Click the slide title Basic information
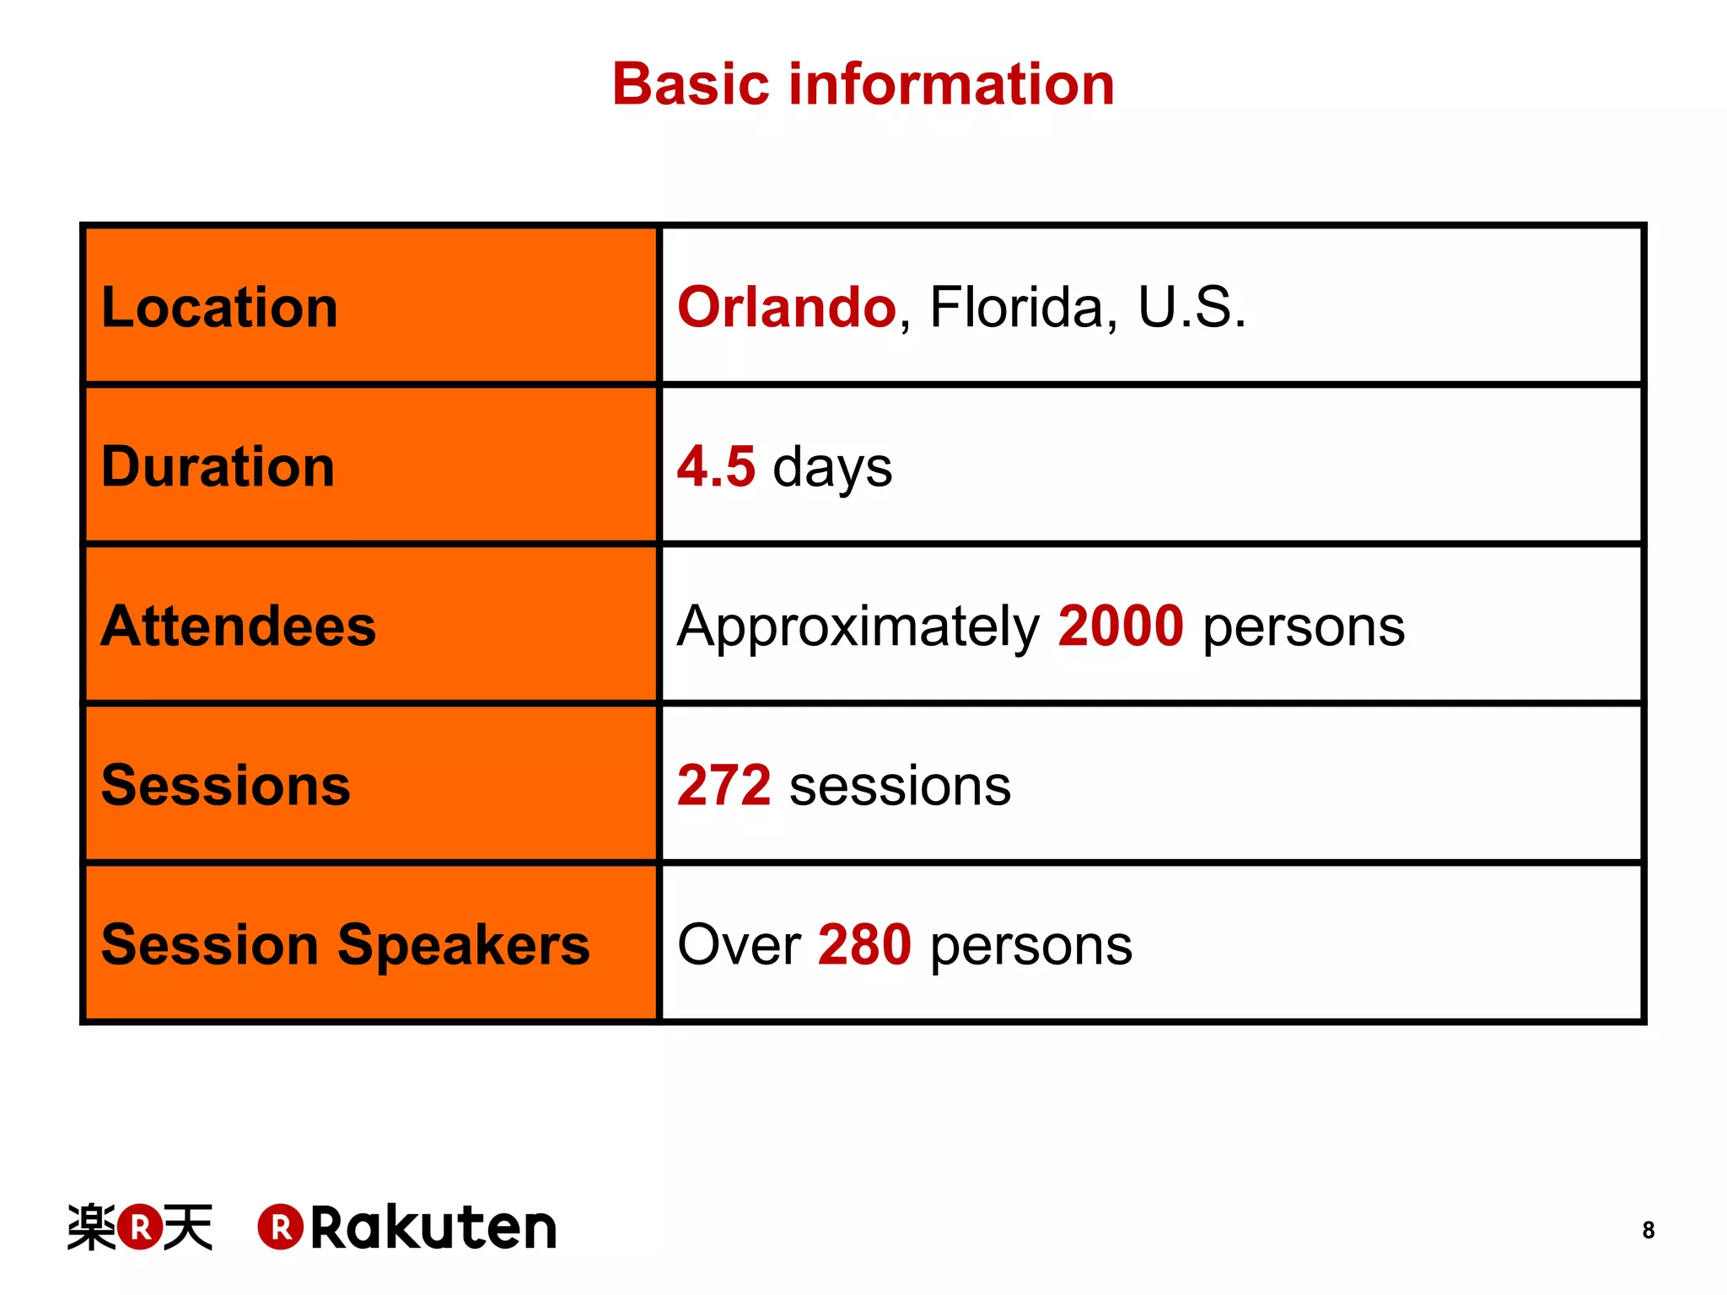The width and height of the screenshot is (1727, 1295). (x=863, y=84)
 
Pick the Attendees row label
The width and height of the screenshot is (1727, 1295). (x=238, y=626)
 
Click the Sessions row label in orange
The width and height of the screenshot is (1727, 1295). (x=225, y=785)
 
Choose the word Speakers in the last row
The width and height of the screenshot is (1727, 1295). (x=463, y=944)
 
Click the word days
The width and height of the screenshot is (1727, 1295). (x=832, y=468)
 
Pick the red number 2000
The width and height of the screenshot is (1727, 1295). (x=1121, y=626)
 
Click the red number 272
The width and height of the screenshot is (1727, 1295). (x=724, y=785)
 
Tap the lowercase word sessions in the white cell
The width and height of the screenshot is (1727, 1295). (x=900, y=787)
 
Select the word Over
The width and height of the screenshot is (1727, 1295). (x=739, y=944)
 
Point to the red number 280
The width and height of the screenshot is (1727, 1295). (x=864, y=944)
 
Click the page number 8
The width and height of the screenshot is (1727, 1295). (x=1648, y=1230)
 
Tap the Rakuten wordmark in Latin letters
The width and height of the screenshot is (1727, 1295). (x=433, y=1228)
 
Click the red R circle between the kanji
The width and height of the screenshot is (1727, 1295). (x=140, y=1228)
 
